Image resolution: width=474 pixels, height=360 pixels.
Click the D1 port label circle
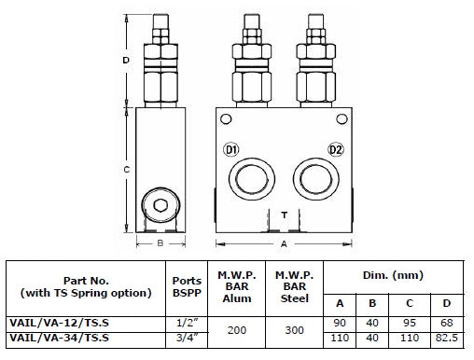pyautogui.click(x=230, y=150)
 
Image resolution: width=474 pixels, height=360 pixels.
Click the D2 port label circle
pyautogui.click(x=336, y=150)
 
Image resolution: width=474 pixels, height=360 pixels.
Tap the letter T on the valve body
pyautogui.click(x=284, y=215)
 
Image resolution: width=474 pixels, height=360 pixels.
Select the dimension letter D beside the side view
pyautogui.click(x=126, y=60)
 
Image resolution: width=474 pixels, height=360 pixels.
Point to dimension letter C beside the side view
pyautogui.click(x=126, y=170)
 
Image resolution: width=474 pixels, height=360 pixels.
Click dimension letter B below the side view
pyautogui.click(x=160, y=243)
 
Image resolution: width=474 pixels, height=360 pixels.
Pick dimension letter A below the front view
pyautogui.click(x=284, y=244)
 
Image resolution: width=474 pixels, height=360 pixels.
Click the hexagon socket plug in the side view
pyautogui.click(x=160, y=205)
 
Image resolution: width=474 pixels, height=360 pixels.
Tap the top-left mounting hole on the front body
pyautogui.click(x=226, y=119)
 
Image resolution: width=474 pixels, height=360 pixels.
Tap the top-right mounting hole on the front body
pyautogui.click(x=342, y=119)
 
